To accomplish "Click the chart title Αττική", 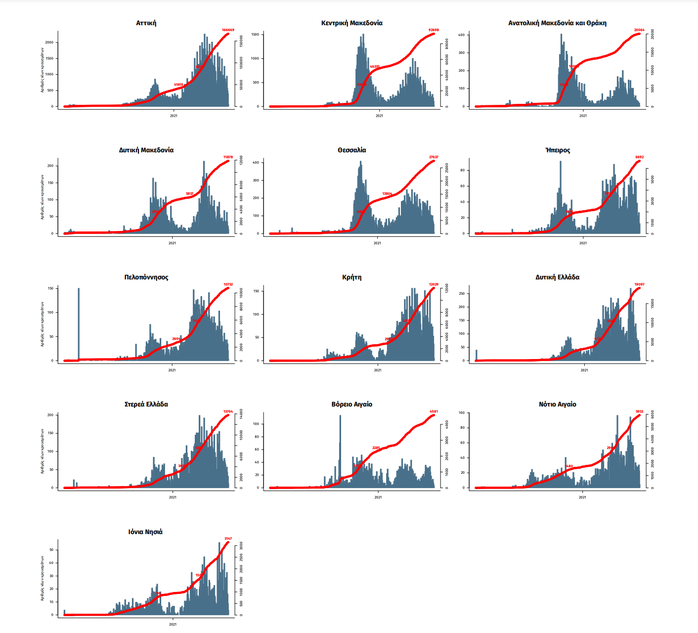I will coord(146,23).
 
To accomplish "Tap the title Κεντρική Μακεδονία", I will coord(351,23).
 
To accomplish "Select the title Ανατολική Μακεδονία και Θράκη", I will coord(557,23).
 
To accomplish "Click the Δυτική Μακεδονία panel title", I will coord(146,150).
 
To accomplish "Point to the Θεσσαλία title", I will coord(351,150).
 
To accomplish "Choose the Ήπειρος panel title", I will coord(557,150).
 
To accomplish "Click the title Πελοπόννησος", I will coord(146,277).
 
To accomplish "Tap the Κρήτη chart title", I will coord(351,277).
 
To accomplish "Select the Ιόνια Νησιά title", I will coord(145,532).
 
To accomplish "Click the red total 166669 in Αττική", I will coord(228,30).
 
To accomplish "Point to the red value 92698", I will coord(434,30).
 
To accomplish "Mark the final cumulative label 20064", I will coord(639,30).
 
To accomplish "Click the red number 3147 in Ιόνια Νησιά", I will coord(228,539).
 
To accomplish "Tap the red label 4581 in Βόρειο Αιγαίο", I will coord(434,411).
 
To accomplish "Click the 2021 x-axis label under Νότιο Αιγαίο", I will coord(582,497).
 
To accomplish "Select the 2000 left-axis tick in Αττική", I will coord(49,43).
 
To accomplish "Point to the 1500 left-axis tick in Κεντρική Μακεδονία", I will coord(255,35).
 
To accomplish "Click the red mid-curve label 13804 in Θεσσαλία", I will coord(387,194).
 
